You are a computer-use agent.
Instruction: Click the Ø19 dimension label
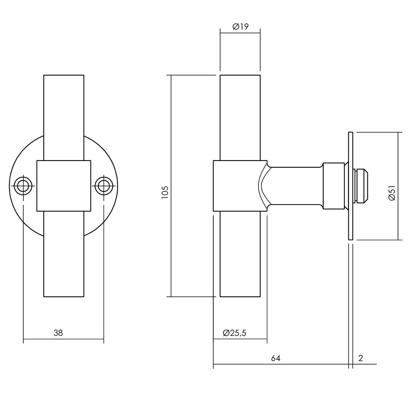[240, 27]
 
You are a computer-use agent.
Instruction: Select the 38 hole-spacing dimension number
[58, 333]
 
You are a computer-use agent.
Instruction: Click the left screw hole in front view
[23, 186]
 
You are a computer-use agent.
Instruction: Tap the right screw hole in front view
[103, 186]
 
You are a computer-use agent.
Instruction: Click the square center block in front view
[64, 186]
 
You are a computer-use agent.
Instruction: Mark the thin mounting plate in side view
[350, 186]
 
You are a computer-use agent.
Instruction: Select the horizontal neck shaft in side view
[295, 186]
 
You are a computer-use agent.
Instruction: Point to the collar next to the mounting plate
[334, 186]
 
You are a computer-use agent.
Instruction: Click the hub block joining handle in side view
[235, 186]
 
